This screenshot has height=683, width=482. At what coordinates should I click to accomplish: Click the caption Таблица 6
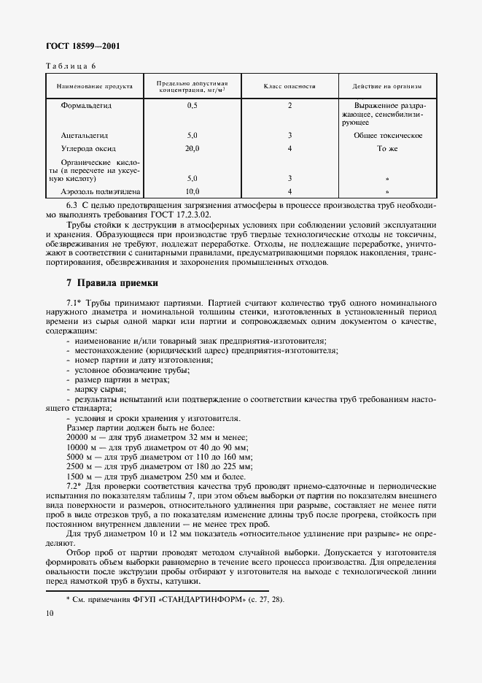pyautogui.click(x=71, y=65)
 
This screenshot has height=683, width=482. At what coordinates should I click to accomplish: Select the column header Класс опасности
pyautogui.click(x=289, y=86)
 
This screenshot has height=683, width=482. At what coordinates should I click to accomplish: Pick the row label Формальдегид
pyautogui.click(x=91, y=107)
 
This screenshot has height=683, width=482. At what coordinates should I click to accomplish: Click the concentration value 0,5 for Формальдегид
pyautogui.click(x=193, y=107)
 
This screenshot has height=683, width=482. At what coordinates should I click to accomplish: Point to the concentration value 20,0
pyautogui.click(x=193, y=148)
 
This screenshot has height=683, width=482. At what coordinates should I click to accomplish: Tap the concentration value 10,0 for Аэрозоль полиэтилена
pyautogui.click(x=193, y=191)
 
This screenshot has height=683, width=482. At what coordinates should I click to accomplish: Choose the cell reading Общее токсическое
pyautogui.click(x=387, y=136)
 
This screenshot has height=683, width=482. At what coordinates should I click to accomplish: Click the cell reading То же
pyautogui.click(x=386, y=148)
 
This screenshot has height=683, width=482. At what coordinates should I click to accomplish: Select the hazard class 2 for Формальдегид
pyautogui.click(x=289, y=107)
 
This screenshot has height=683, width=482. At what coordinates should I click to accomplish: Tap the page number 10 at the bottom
pyautogui.click(x=50, y=616)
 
